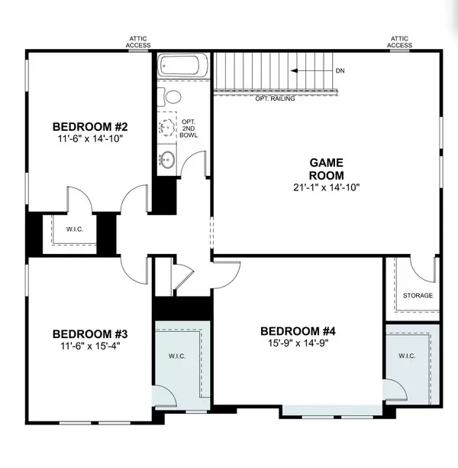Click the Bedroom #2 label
pos(90,127)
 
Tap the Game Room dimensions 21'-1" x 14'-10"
pos(327,187)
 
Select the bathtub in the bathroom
pos(179,66)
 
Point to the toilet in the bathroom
pos(169,97)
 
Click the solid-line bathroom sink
pos(166,160)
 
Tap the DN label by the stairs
pos(340,71)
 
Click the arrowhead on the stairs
pos(294,71)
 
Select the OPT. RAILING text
pos(275,99)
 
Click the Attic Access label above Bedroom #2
pos(138,42)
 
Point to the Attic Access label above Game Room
pos(399,42)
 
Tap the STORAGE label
pos(418,295)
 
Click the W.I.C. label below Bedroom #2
pos(75,229)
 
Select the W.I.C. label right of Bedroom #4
pos(407,356)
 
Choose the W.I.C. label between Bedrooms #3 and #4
pos(177,356)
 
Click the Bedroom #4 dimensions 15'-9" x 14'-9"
pos(298,343)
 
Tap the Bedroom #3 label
pos(90,334)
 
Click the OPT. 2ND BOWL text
pos(189,128)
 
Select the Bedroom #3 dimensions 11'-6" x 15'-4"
pos(90,346)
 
